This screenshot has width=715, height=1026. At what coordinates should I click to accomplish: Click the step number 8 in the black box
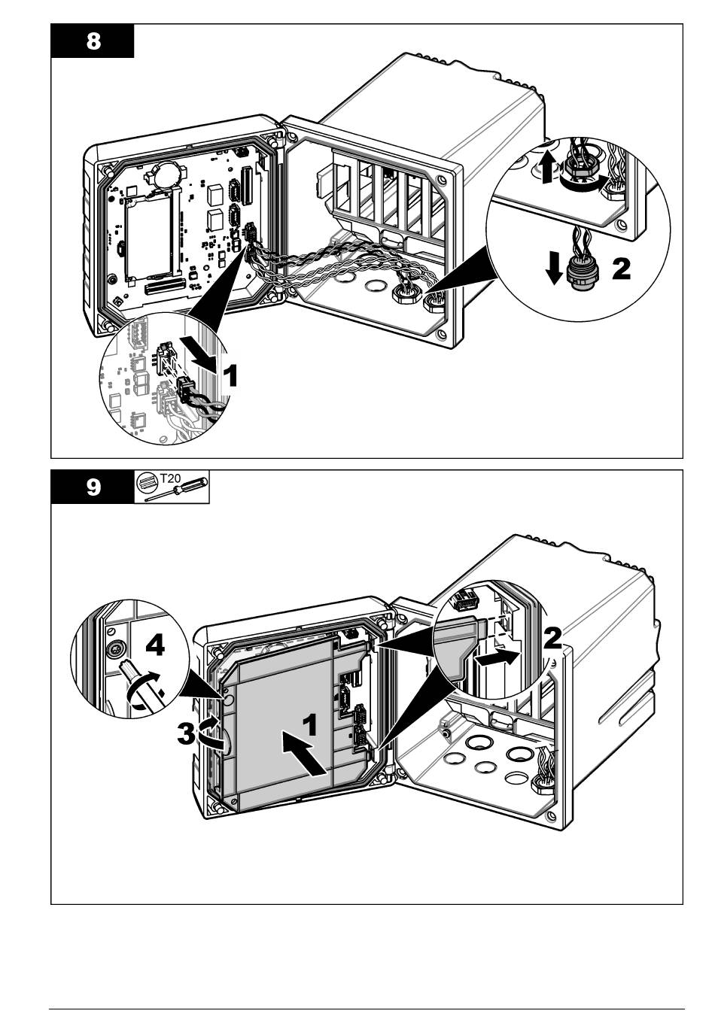[x=93, y=41]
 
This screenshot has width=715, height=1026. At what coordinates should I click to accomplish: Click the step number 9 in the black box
[x=93, y=487]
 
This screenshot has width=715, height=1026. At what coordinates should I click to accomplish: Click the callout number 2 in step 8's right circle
[x=621, y=269]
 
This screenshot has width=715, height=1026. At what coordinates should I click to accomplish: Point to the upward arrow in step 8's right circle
[x=547, y=166]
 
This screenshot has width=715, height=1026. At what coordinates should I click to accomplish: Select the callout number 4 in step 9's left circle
[x=154, y=645]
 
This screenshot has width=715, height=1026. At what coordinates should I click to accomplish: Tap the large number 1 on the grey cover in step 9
[x=309, y=725]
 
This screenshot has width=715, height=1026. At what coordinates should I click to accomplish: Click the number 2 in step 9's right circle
[x=552, y=638]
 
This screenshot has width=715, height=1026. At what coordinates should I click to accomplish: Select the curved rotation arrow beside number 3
[x=210, y=732]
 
